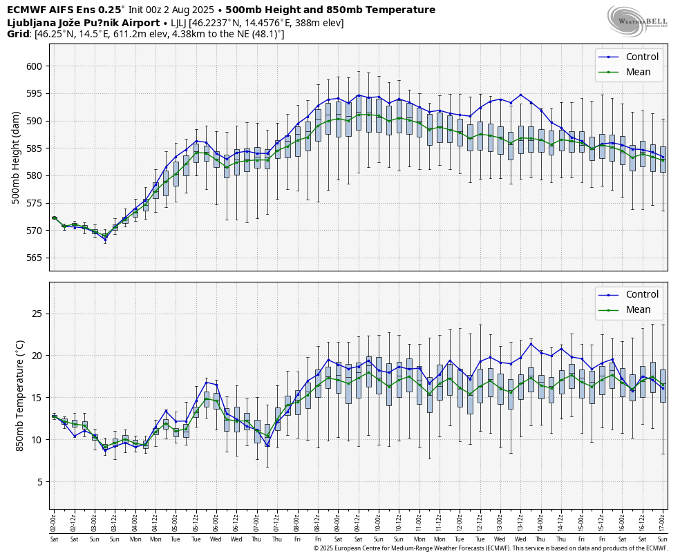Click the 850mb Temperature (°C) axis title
[x=19, y=395]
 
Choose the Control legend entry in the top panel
[x=642, y=57]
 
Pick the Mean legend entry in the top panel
[x=638, y=72]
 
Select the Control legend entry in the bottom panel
[x=642, y=295]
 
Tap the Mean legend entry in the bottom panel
[x=638, y=309]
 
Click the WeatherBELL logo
[x=637, y=21]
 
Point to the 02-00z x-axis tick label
[x=54, y=521]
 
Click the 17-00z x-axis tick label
[x=663, y=521]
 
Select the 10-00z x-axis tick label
[x=379, y=521]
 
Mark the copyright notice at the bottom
[x=490, y=548]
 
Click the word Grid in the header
[x=18, y=34]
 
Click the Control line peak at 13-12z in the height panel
[x=520, y=95]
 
